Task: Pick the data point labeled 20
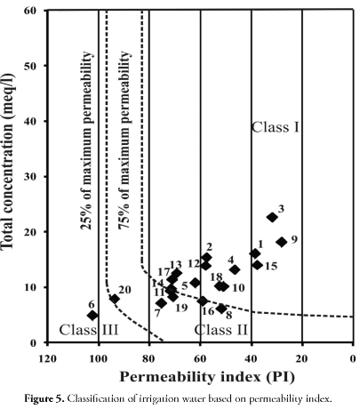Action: point(115,299)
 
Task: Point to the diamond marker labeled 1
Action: point(255,253)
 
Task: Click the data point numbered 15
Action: point(257,265)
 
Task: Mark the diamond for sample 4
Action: point(235,269)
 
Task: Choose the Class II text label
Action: point(246,329)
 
